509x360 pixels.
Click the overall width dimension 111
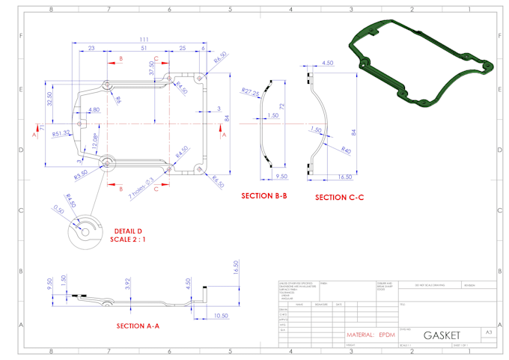(142, 39)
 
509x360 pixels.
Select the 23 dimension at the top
(91, 49)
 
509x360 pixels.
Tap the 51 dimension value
(143, 49)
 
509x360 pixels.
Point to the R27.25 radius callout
(250, 92)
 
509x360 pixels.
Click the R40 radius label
(346, 150)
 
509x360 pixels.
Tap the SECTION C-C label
(339, 198)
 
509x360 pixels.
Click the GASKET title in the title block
(442, 334)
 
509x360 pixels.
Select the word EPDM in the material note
(387, 335)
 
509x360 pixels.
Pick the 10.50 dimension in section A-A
(220, 316)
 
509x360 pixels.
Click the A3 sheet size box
(488, 331)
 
